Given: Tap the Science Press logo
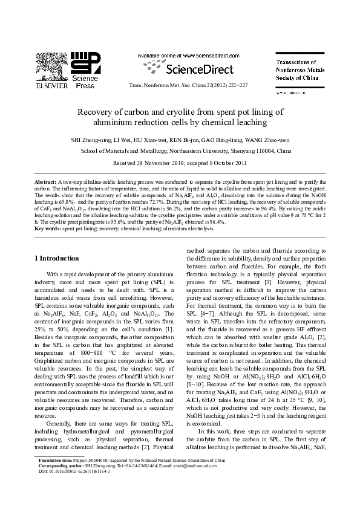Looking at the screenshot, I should pyautogui.click(x=85, y=70).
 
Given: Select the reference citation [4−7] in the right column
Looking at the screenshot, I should pyautogui.click(x=208, y=315).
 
